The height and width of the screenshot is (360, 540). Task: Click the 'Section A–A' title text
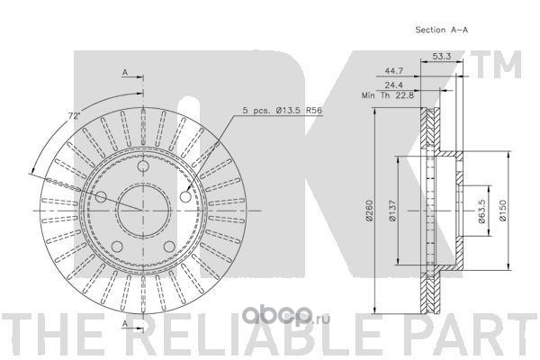pos(442,30)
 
